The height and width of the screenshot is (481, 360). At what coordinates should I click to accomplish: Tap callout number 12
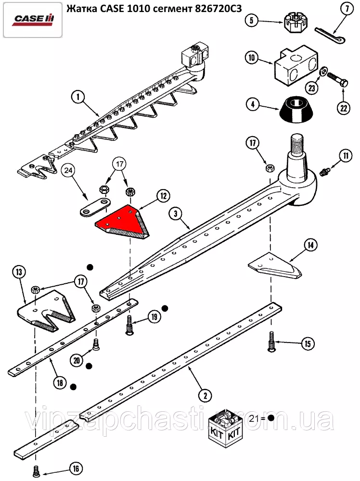(163, 196)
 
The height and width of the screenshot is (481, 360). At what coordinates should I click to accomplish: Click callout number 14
(310, 245)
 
